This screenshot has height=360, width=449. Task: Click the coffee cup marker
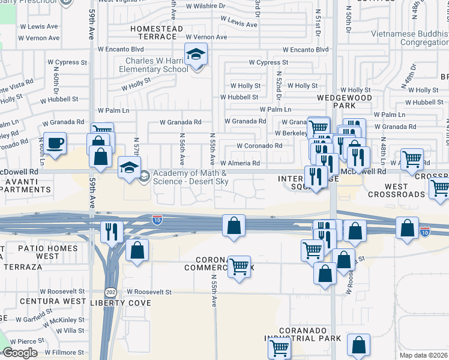55,143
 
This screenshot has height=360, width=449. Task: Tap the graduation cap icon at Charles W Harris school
196,55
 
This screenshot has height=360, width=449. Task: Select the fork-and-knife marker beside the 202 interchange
112,231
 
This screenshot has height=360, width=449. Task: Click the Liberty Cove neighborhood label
121,303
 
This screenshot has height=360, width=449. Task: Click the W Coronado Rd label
259,146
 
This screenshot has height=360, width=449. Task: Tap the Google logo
19,353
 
